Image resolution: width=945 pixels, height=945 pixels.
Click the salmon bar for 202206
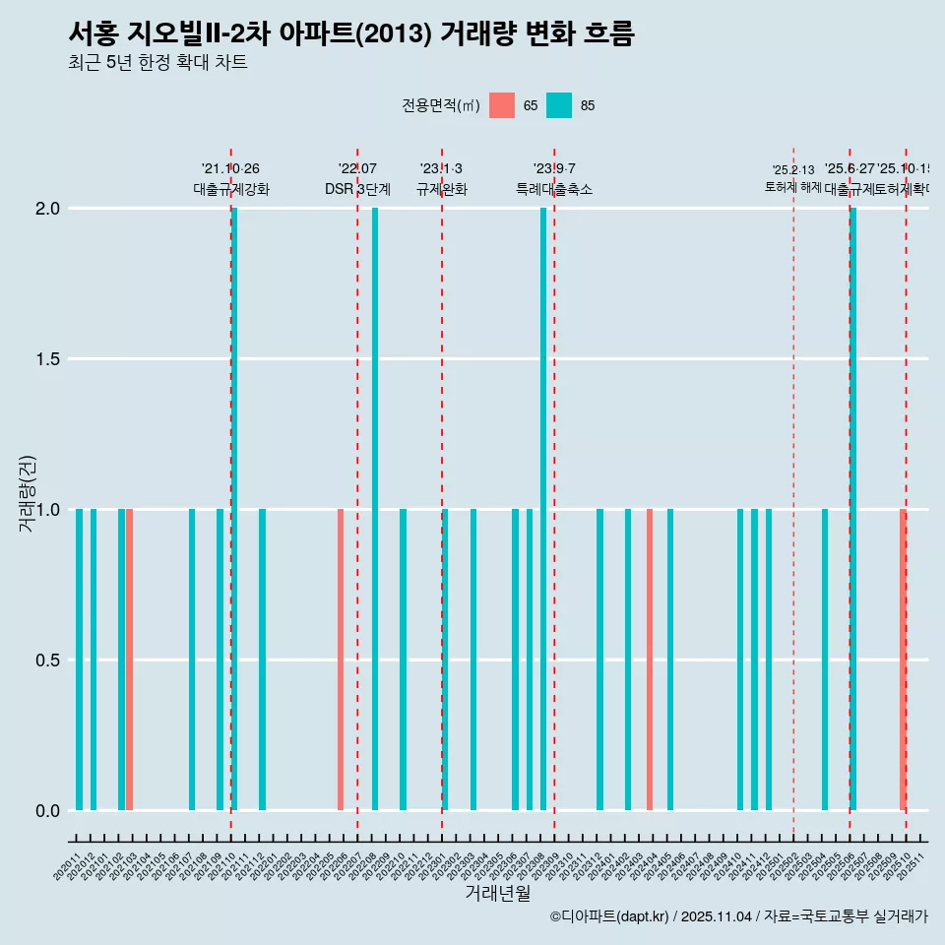[x=341, y=660]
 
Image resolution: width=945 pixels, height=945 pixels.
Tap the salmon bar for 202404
[x=650, y=660]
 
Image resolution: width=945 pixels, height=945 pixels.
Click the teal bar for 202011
[x=79, y=660]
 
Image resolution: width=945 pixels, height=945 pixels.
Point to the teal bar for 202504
[x=825, y=660]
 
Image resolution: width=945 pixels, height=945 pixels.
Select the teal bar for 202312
[x=599, y=660]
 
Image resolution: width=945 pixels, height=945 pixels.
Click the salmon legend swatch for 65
[x=502, y=105]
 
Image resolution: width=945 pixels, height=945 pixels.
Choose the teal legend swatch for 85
[x=559, y=105]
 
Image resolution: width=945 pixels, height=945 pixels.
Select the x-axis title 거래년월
[x=497, y=894]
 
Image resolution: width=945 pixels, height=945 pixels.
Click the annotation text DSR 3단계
[x=357, y=189]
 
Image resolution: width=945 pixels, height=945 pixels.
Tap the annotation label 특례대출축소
[x=554, y=189]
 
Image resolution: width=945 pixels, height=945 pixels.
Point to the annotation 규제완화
[x=441, y=189]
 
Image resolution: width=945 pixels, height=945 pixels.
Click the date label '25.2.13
[x=793, y=170]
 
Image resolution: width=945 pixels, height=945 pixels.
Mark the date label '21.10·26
[x=230, y=169]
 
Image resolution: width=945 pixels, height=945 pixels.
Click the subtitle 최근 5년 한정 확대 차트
[x=157, y=62]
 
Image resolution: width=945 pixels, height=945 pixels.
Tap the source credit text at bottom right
[x=738, y=916]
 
